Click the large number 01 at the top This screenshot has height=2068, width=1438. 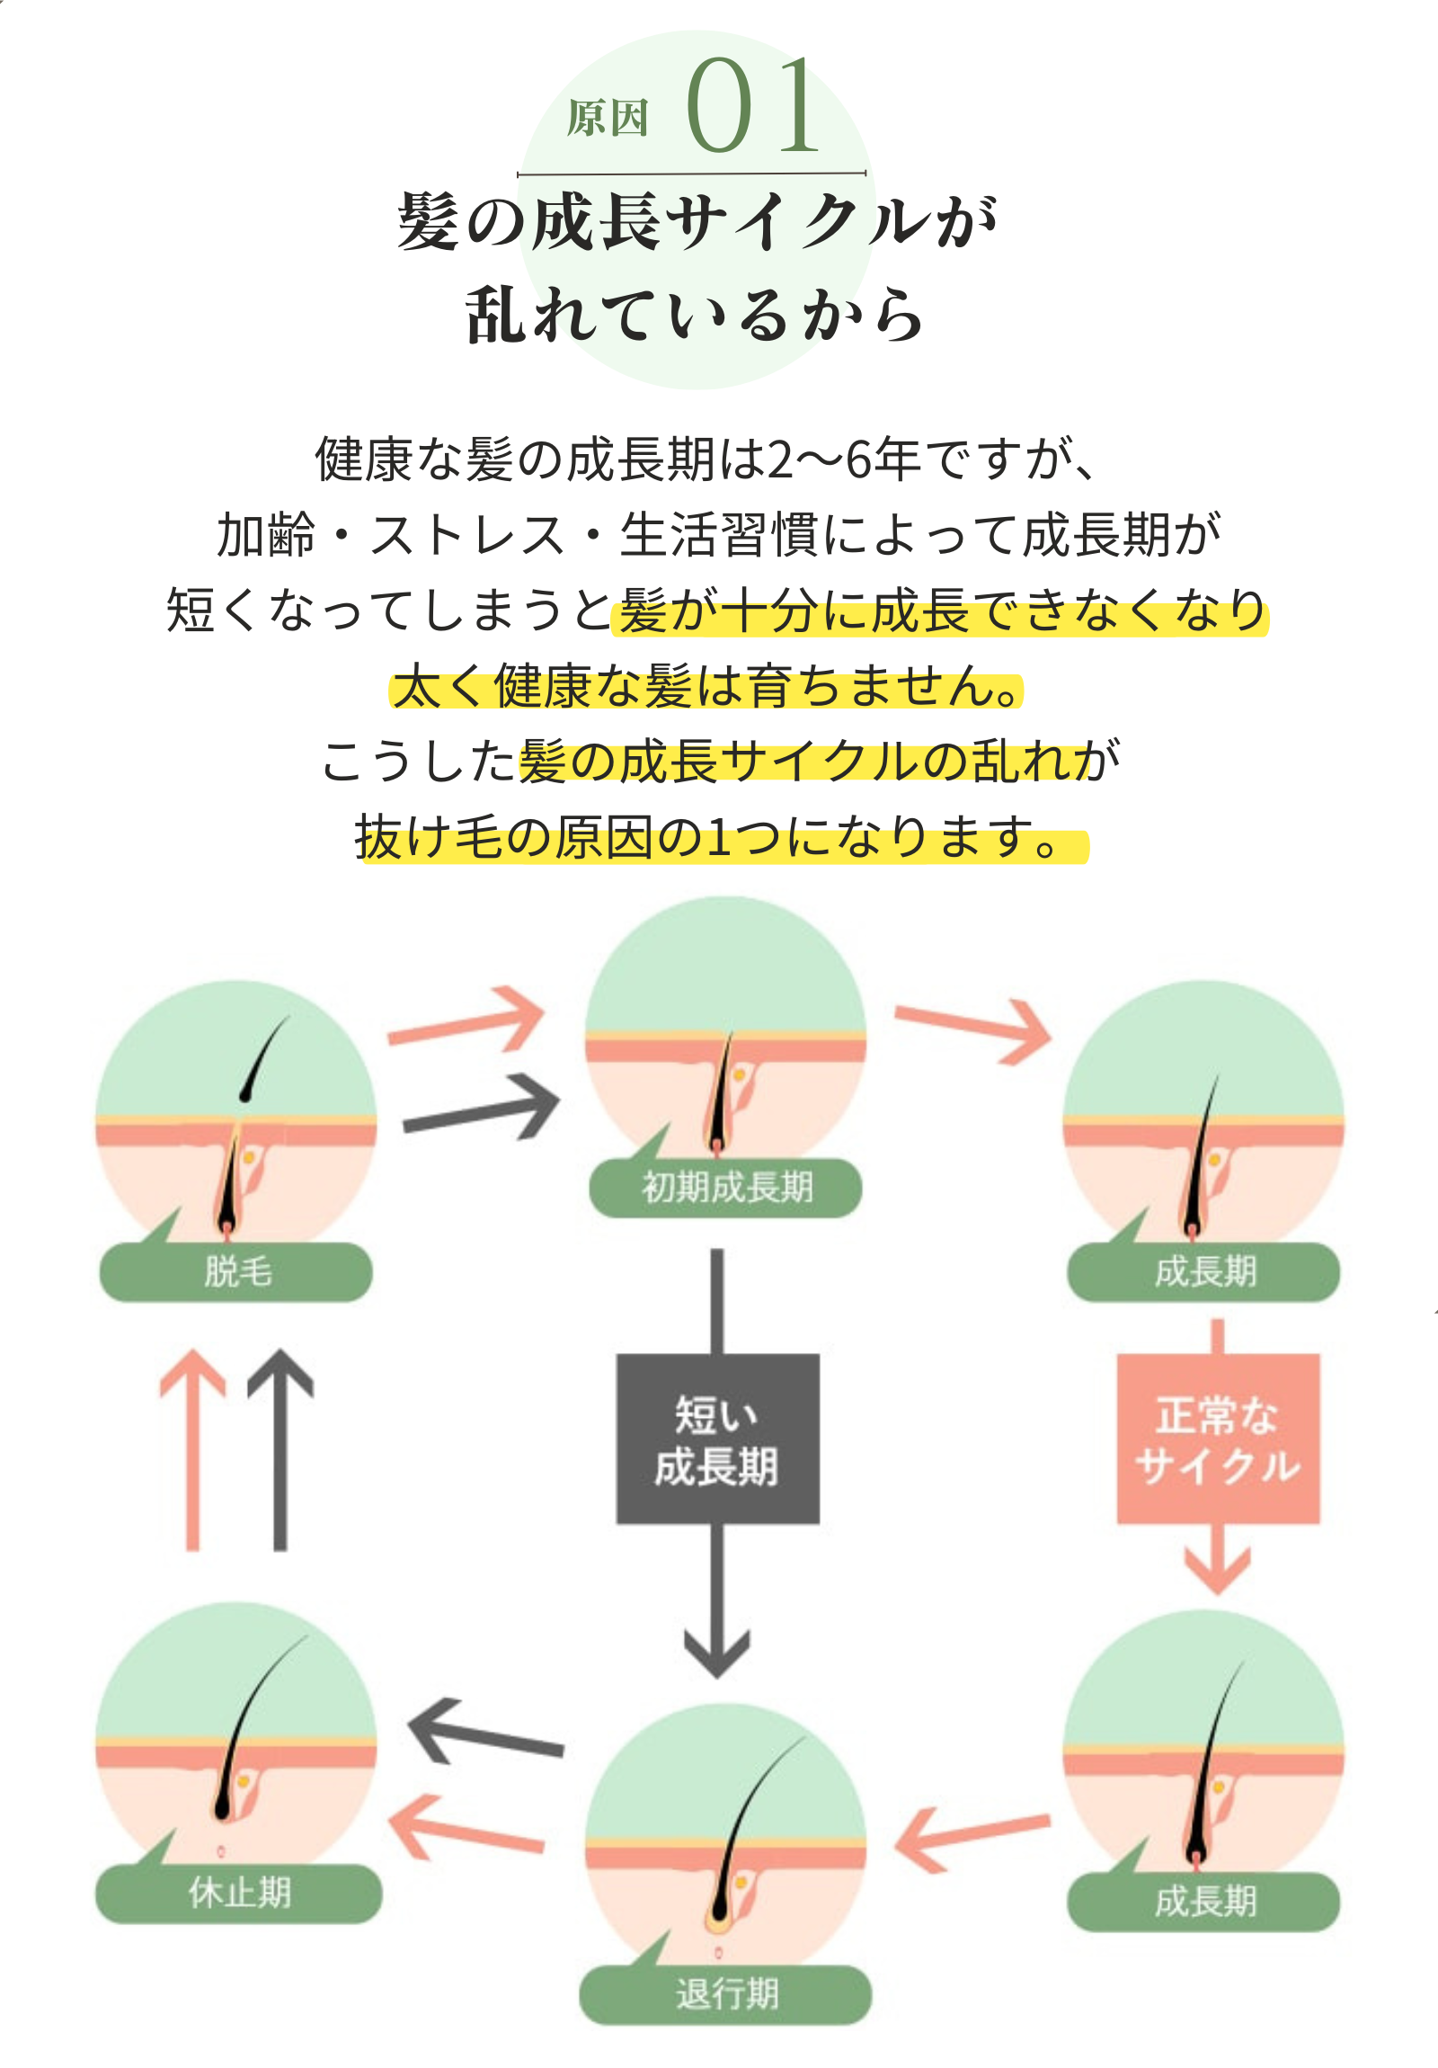click(752, 105)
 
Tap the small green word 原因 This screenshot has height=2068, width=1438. click(607, 118)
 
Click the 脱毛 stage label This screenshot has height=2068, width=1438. click(235, 1270)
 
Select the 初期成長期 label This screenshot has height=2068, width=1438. click(726, 1187)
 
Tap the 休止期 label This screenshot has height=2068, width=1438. click(238, 1893)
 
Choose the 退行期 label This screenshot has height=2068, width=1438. click(726, 1993)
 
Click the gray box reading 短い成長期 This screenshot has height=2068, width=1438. click(716, 1440)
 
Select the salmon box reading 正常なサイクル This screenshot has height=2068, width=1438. click(1218, 1440)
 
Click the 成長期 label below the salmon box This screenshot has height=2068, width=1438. click(1204, 1902)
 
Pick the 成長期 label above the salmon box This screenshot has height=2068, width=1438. click(1204, 1270)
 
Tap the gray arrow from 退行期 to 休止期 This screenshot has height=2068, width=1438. click(486, 1734)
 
